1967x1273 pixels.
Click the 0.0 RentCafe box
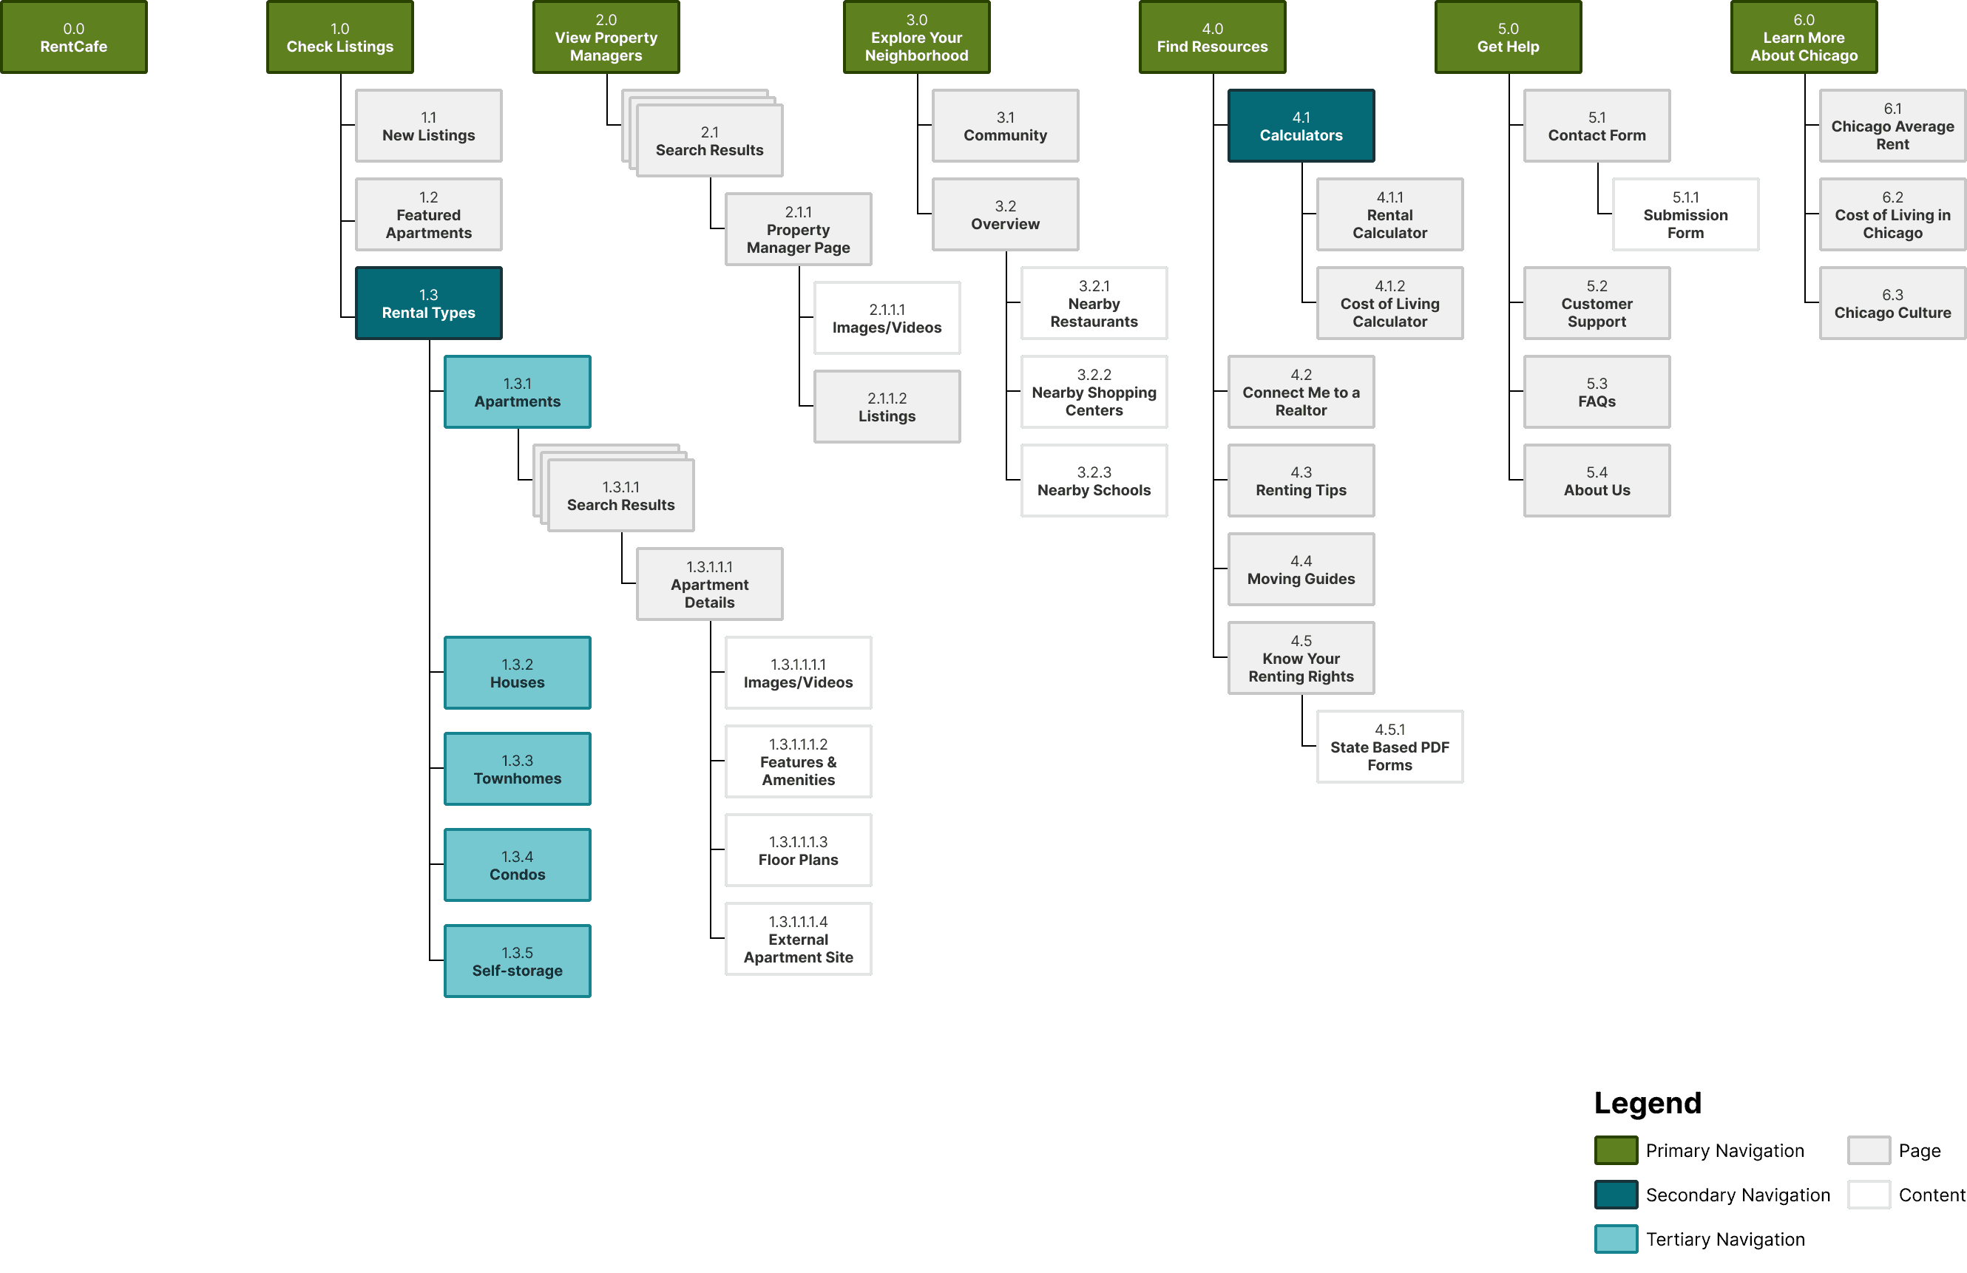73,38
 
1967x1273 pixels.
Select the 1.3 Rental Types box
428,303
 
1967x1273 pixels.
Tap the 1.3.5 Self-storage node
517,962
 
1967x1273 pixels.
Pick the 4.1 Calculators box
1300,126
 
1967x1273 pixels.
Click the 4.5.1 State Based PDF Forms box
1389,747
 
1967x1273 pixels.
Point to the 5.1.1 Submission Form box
1685,215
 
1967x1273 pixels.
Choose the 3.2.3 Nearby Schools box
1094,481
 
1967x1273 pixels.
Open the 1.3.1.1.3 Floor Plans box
798,850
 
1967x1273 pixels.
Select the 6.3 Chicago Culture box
1892,303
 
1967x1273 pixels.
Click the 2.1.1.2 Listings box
886,407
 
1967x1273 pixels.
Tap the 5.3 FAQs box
1596,393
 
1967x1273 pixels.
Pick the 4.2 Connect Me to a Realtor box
1300,393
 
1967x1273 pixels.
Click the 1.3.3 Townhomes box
517,769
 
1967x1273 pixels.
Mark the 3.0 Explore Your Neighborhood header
915,38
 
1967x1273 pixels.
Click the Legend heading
1647,1103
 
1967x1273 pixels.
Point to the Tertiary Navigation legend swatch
1616,1239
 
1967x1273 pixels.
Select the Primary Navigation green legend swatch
1616,1150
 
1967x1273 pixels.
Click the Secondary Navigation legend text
1737,1195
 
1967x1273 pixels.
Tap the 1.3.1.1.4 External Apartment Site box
798,940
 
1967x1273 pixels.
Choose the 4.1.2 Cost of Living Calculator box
1389,303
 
